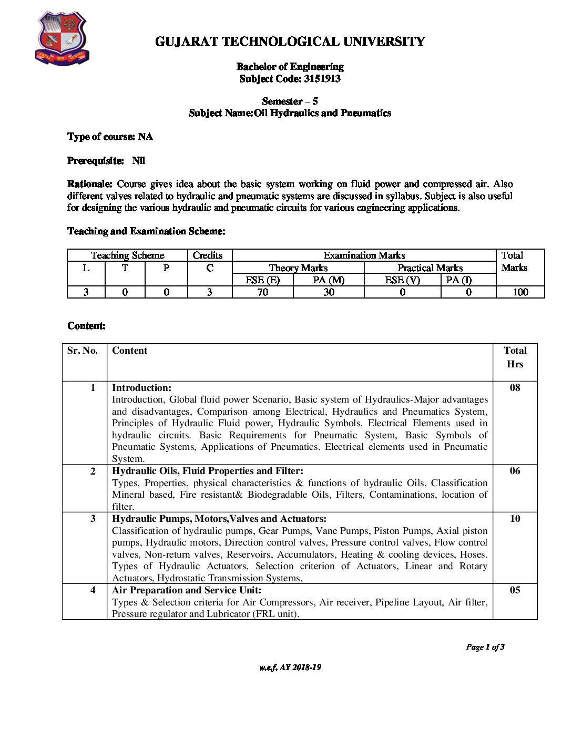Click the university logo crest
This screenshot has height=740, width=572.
coord(62,39)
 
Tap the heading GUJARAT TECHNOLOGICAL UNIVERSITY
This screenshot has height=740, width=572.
coord(290,42)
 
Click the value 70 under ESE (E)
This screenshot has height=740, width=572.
coord(262,292)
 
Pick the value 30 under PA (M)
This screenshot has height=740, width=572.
coord(329,292)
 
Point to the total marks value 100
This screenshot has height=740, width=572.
coord(520,292)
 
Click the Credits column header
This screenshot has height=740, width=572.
coord(208,255)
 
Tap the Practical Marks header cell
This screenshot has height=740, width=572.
coord(430,268)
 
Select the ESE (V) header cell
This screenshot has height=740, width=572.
coord(402,280)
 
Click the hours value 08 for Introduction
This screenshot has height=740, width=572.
coord(515,388)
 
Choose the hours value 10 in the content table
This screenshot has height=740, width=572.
coord(515,519)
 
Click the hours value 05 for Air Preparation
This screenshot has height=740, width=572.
coord(515,590)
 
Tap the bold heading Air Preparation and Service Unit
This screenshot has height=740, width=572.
coord(187,590)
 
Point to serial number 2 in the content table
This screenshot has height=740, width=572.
coord(93,471)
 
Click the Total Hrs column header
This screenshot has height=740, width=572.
coord(515,357)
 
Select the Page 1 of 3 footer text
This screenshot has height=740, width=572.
coord(485,647)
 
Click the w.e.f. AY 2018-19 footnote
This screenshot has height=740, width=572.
coord(290,667)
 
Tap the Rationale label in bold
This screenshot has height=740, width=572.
coord(90,184)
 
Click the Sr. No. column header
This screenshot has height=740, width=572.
coord(83,351)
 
